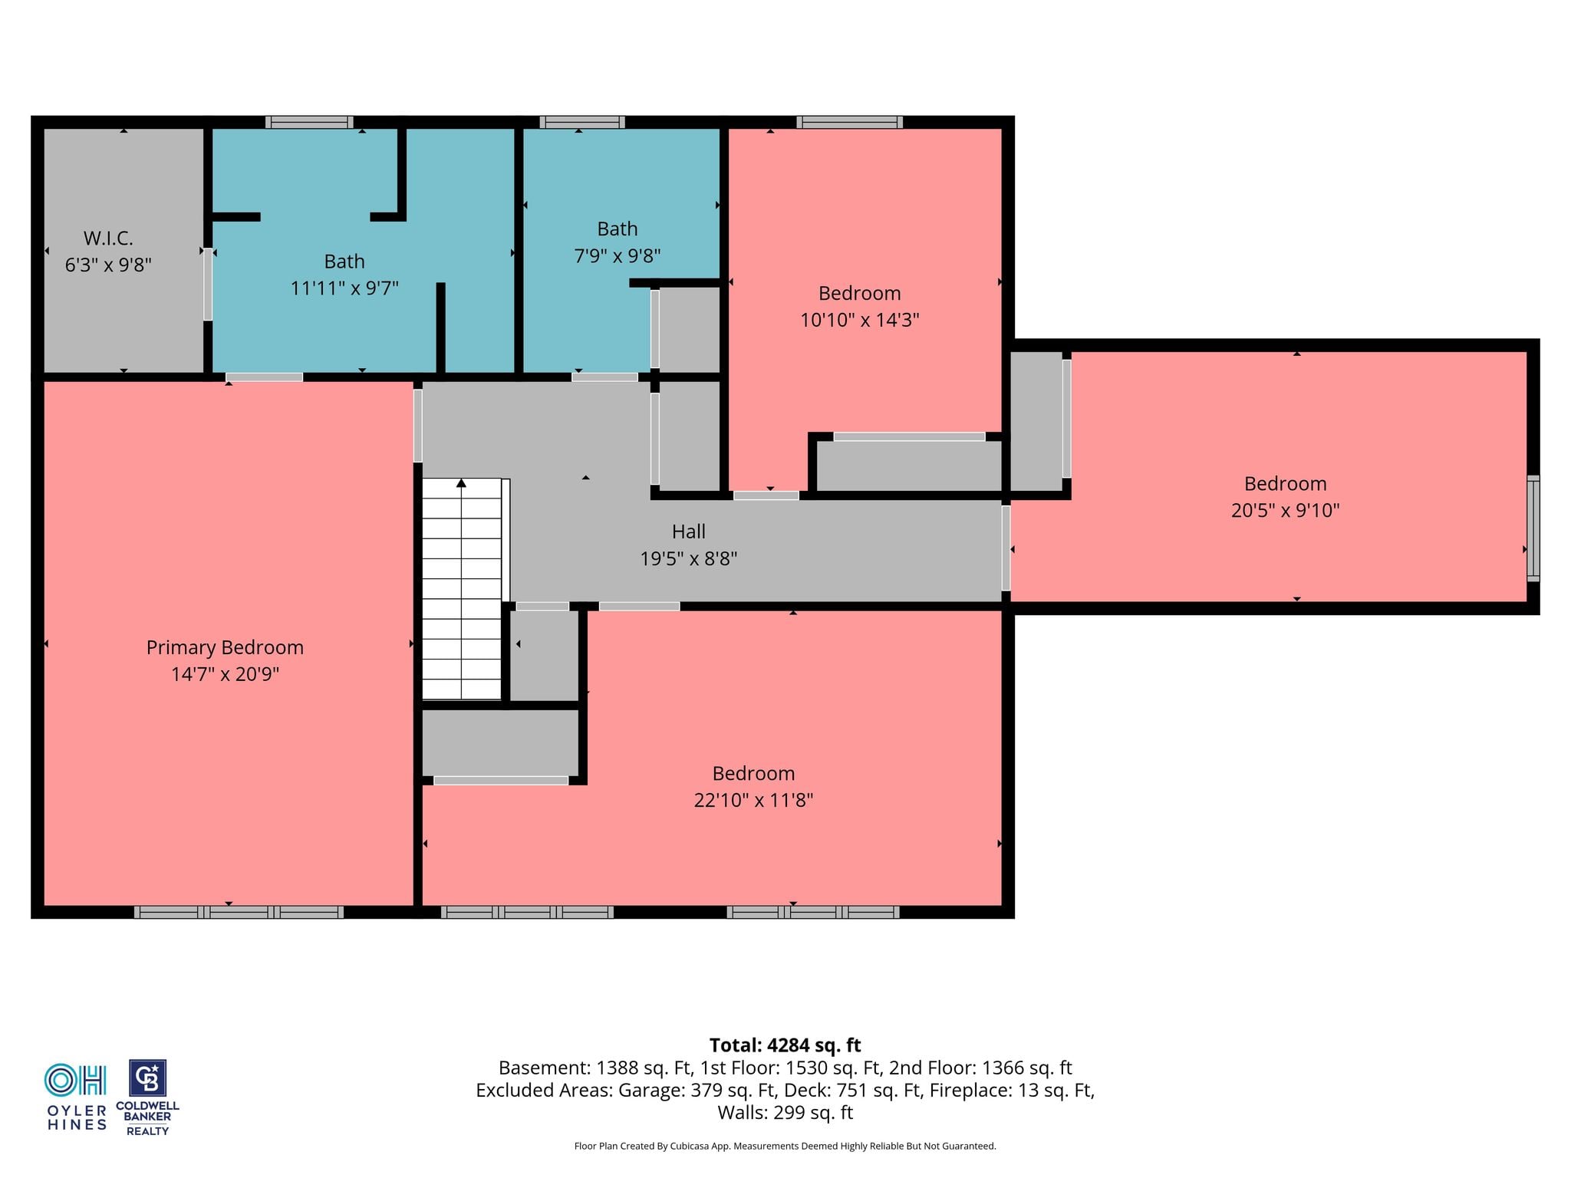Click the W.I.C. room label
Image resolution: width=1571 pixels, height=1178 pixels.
click(x=108, y=239)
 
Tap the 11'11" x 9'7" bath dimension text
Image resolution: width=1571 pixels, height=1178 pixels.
click(x=344, y=288)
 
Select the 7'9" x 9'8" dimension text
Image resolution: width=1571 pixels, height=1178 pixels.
click(x=618, y=256)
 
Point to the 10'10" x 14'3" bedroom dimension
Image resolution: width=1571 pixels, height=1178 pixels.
click(x=859, y=320)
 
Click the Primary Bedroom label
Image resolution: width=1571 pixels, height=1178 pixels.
click(x=225, y=648)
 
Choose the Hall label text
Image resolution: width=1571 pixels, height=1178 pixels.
click(x=688, y=531)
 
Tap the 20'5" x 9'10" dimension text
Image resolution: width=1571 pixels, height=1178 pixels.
click(x=1285, y=510)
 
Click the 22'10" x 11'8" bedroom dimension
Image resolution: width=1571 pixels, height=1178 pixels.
click(x=753, y=800)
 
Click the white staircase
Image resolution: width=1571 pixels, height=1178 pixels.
click(x=462, y=589)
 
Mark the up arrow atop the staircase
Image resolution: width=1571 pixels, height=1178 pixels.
click(x=462, y=483)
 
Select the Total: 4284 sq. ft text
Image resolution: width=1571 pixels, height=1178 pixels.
click(x=785, y=1045)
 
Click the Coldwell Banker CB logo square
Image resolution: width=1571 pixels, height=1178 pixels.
click(x=147, y=1078)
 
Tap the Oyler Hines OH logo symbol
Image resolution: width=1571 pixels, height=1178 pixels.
click(x=75, y=1080)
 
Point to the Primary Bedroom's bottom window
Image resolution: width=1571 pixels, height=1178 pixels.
click(x=239, y=912)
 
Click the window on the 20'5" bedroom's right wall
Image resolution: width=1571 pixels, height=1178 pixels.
click(x=1533, y=528)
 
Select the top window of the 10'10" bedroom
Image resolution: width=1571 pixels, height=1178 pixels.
click(x=849, y=122)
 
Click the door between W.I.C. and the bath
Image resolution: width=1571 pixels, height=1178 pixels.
click(x=208, y=284)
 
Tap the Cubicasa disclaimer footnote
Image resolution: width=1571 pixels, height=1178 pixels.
click(x=785, y=1146)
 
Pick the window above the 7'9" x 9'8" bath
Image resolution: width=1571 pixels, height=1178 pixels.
click(x=582, y=122)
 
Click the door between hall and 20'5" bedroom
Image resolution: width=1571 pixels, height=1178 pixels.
click(x=1006, y=548)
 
